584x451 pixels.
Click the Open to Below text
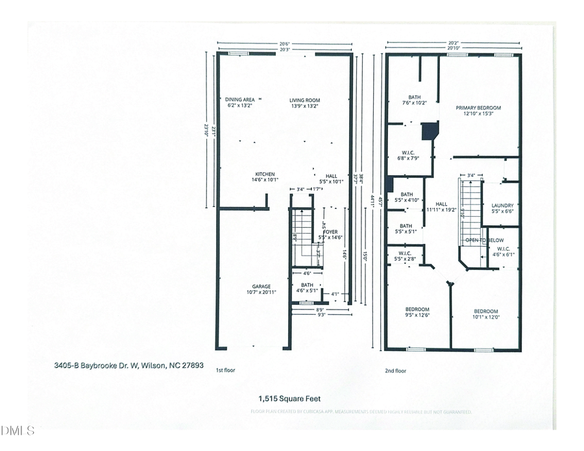point(481,241)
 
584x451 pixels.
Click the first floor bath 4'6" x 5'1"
point(307,288)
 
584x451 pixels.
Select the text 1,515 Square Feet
point(290,399)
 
